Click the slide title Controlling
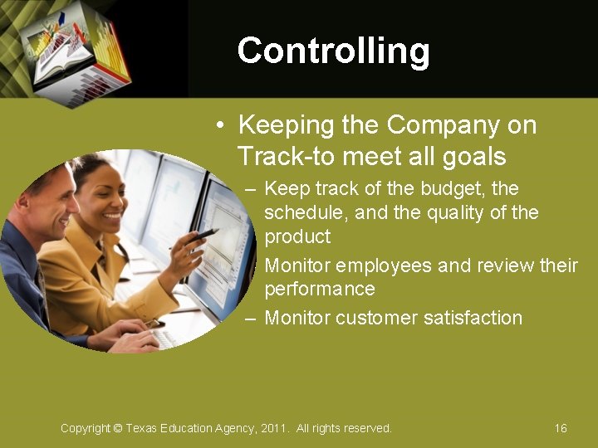point(333,51)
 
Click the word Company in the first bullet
point(442,125)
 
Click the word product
point(297,236)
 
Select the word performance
point(320,289)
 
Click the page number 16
point(561,428)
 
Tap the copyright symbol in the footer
point(117,428)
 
